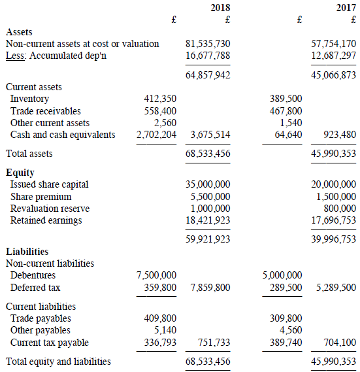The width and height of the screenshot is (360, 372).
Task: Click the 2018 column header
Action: point(220,7)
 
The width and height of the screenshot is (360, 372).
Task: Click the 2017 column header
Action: point(346,7)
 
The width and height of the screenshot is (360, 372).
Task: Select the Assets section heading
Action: point(19,31)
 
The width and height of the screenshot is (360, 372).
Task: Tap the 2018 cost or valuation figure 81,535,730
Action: point(208,44)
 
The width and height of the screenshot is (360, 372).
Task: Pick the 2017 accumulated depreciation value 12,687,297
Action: point(334,56)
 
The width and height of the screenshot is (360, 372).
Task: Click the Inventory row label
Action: point(29,99)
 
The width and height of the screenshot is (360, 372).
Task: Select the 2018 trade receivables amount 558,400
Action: point(160,111)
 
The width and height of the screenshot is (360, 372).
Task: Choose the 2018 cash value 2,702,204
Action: point(156,135)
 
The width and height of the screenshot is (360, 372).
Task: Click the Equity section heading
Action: point(20,173)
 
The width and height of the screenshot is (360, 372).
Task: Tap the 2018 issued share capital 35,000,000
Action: point(208,184)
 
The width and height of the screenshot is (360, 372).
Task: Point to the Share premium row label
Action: point(41,197)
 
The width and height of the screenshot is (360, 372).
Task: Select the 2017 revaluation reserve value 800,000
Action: point(338,209)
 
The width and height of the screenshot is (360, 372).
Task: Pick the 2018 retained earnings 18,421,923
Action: point(208,220)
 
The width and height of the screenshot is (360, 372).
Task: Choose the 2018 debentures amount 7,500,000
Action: point(156,275)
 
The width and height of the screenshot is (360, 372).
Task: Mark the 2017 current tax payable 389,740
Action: point(286,342)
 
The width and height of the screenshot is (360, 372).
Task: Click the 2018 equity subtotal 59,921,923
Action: point(208,239)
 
